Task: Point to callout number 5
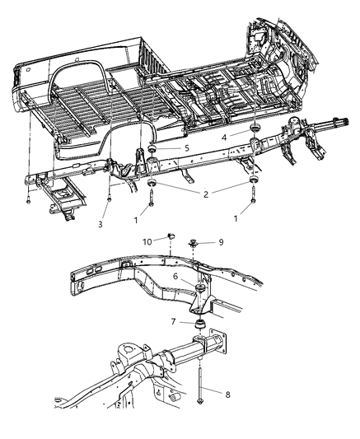(x=187, y=148)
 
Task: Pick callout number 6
(x=175, y=278)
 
